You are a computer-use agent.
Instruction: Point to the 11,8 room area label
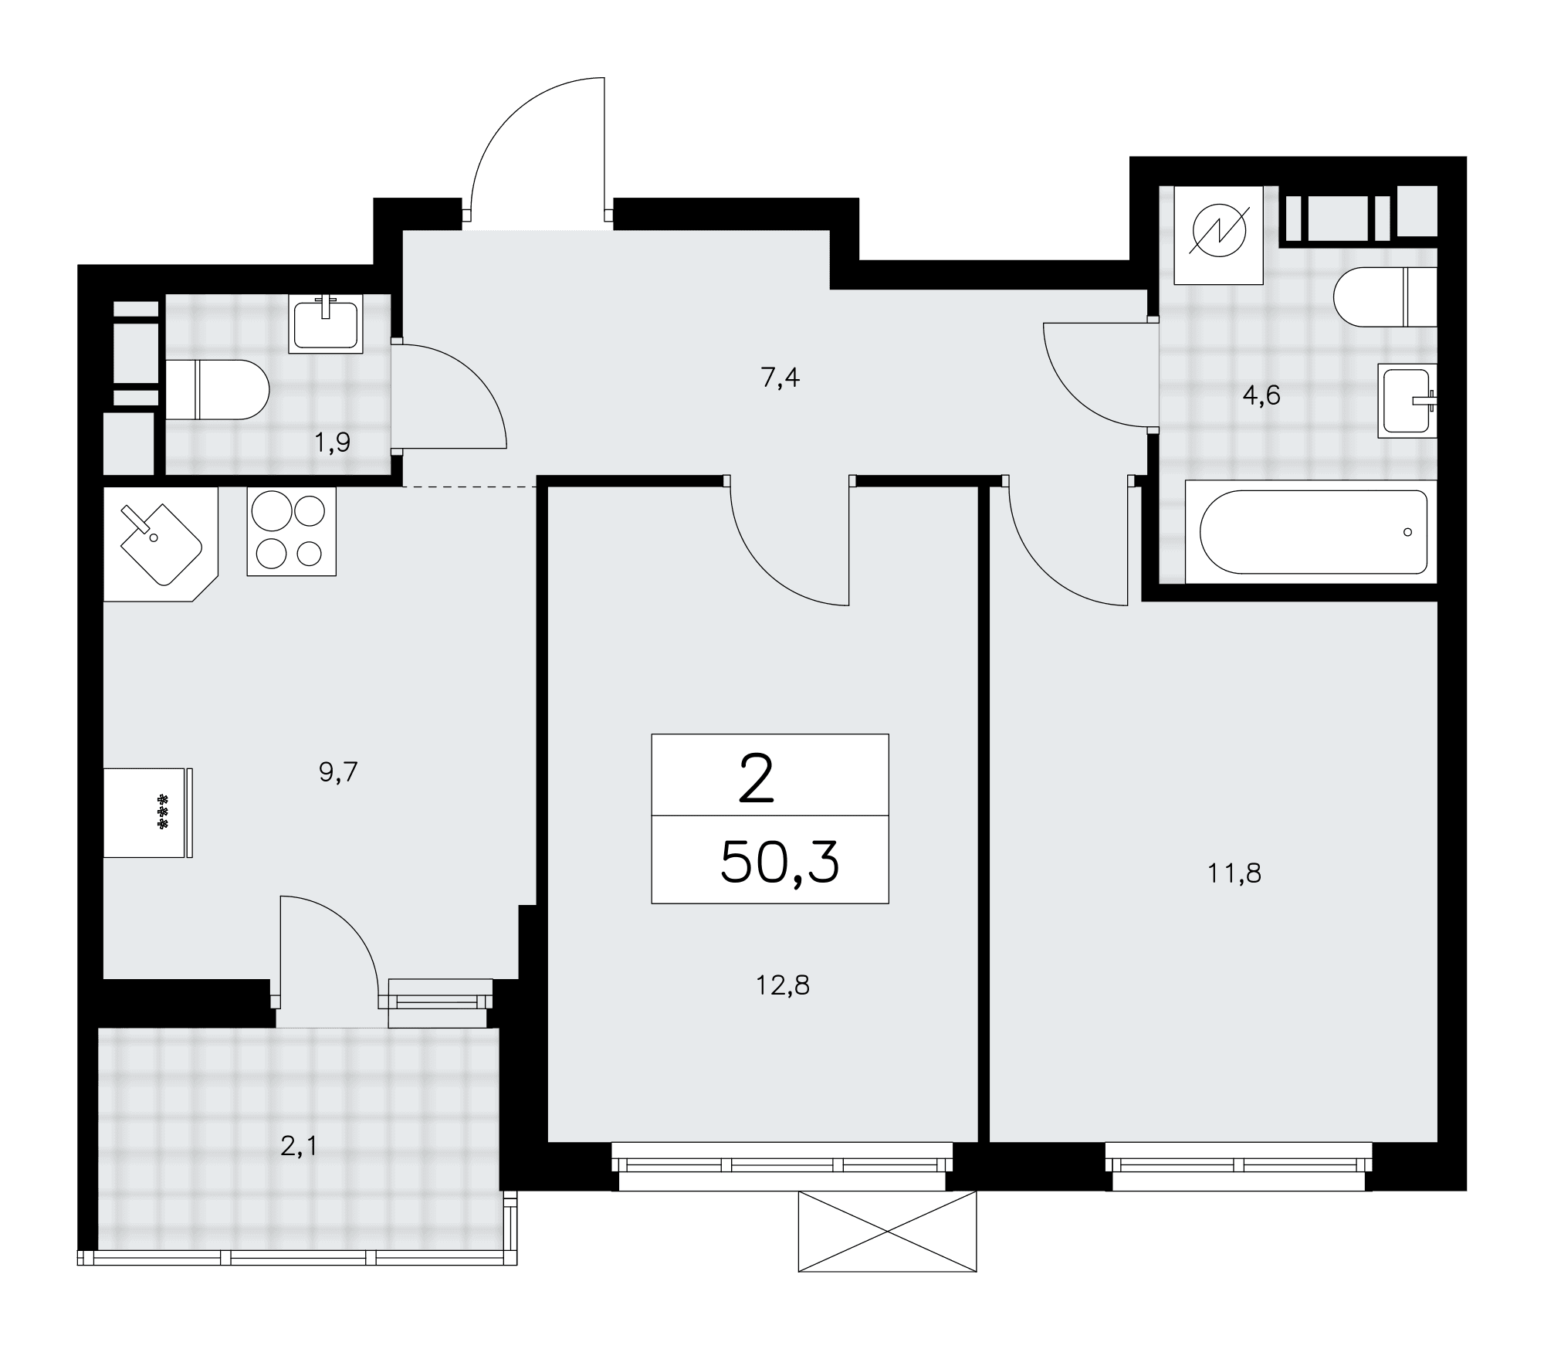click(1234, 873)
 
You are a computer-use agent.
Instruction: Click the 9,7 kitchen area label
click(338, 771)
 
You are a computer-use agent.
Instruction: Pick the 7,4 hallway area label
click(780, 378)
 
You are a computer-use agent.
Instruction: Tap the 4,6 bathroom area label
click(1261, 395)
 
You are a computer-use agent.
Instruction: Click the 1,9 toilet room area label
click(332, 442)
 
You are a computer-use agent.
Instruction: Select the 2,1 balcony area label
click(299, 1147)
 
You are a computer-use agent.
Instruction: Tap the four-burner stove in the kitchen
click(292, 531)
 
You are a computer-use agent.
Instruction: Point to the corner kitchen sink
click(161, 544)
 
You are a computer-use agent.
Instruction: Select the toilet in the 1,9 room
click(218, 390)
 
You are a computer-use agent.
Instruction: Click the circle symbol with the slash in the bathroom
click(1219, 235)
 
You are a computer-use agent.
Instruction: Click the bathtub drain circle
click(1407, 532)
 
